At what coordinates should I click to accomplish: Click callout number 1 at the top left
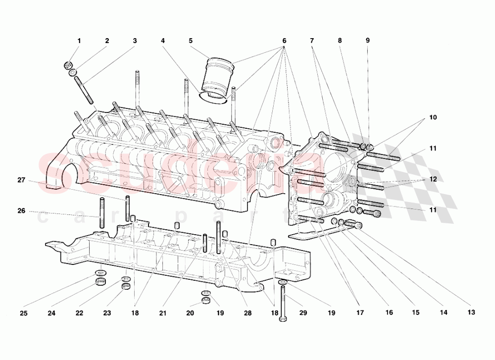click(x=79, y=41)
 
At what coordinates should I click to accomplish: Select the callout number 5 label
click(x=191, y=41)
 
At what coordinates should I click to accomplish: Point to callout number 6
click(x=285, y=41)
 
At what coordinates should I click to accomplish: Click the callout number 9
click(x=368, y=41)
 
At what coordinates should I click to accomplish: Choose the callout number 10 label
click(x=433, y=117)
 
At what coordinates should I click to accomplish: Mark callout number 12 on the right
click(x=433, y=179)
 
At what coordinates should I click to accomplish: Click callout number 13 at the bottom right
click(x=471, y=312)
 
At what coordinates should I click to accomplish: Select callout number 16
click(x=389, y=313)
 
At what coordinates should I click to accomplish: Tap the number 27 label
click(x=21, y=180)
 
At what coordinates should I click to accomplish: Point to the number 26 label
click(x=21, y=210)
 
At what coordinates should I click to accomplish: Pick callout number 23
click(x=107, y=313)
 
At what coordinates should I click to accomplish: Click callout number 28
click(x=247, y=313)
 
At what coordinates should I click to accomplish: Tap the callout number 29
click(x=303, y=313)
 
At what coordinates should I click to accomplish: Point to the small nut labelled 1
click(x=69, y=65)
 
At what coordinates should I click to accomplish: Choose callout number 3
click(x=135, y=41)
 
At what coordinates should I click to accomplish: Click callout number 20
click(x=191, y=313)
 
